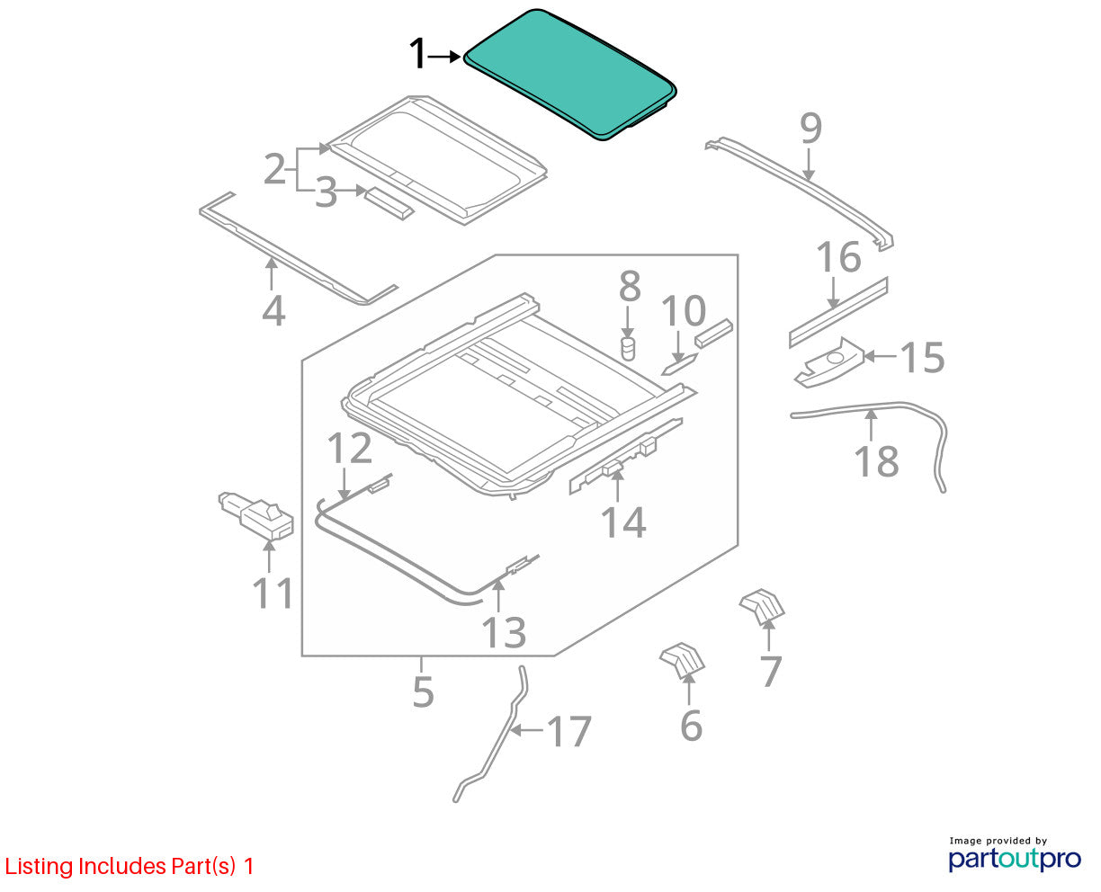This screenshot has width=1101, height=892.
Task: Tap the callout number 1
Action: tap(417, 53)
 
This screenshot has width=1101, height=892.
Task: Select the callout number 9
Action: tap(810, 129)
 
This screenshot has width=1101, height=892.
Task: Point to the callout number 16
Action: tap(838, 257)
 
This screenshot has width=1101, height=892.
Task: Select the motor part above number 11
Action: tap(255, 516)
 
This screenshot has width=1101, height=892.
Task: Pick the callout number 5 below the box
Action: tap(423, 692)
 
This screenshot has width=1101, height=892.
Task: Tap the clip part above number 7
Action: tap(761, 606)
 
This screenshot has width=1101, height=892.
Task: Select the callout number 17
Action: tap(568, 731)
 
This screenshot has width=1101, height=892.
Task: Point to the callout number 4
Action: tap(273, 310)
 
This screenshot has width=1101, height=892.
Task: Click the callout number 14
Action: tap(622, 522)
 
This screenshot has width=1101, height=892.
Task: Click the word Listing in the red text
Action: tap(39, 867)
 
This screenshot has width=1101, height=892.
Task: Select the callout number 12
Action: tap(349, 448)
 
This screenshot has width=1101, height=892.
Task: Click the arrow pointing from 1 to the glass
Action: tap(444, 57)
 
